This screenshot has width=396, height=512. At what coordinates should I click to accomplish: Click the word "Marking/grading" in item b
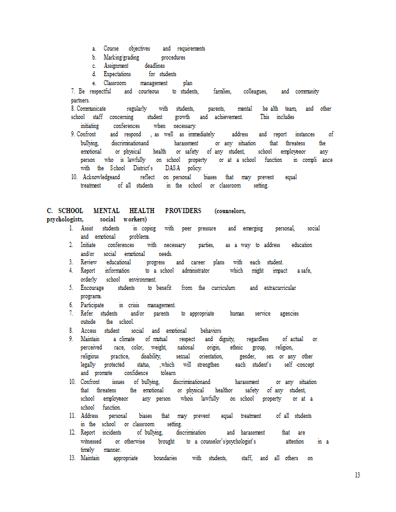122,58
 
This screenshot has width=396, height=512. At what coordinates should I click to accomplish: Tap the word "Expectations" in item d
117,74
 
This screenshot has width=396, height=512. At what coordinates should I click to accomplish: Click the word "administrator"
192,271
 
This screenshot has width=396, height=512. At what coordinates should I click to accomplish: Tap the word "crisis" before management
133,305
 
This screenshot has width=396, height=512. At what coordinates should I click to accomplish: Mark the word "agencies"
289,314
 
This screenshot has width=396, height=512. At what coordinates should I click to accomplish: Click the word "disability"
151,356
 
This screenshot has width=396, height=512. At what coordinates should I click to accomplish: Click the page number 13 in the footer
357,475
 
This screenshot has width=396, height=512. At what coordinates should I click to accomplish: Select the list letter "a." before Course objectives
94,49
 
